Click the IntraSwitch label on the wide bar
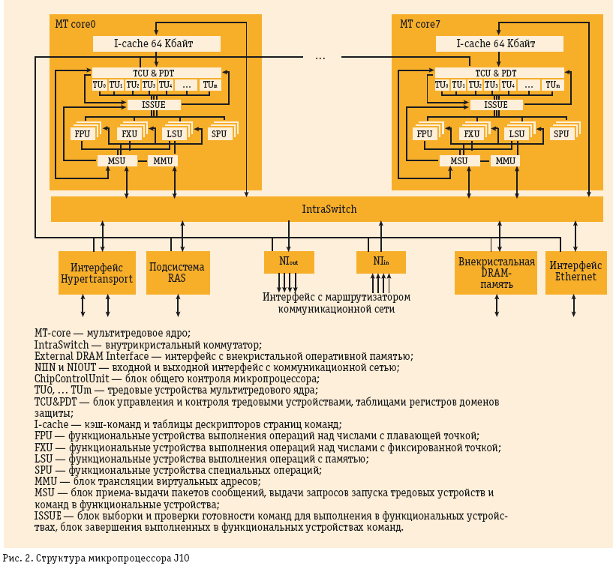[329, 209]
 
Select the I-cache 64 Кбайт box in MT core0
[156, 43]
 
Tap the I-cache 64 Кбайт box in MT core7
[499, 43]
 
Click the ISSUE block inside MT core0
[154, 105]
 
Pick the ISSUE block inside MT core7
[496, 105]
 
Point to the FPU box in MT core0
[82, 134]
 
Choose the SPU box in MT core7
[561, 134]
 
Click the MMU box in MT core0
[163, 160]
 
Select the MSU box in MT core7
[459, 160]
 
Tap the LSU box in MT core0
[174, 134]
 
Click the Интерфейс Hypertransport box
[97, 272]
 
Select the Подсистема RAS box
[177, 272]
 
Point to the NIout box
[289, 262]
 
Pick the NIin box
[381, 262]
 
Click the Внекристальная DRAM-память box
[496, 272]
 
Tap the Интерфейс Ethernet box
[575, 271]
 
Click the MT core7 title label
[420, 24]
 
